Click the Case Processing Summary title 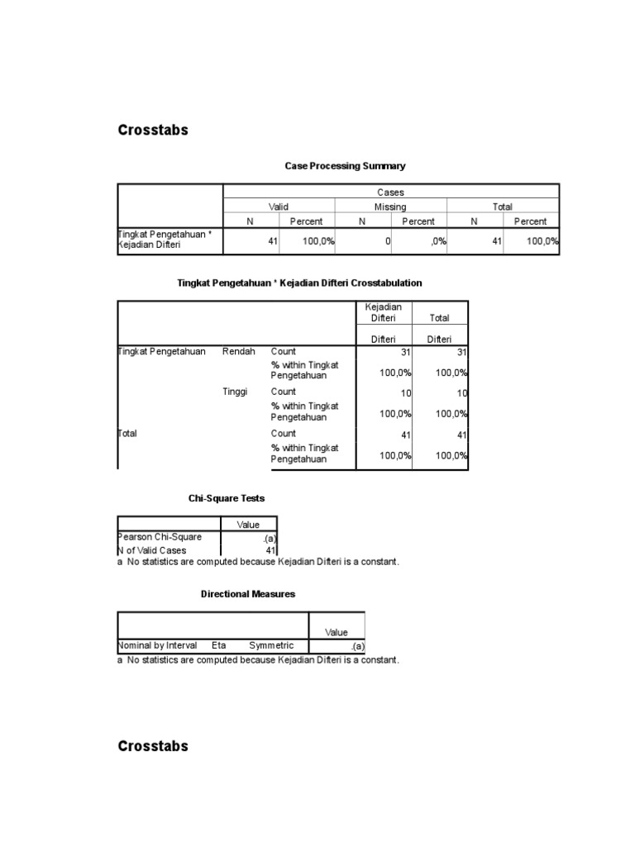tap(345, 166)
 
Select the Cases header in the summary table tap(390, 192)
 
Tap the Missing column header tap(390, 207)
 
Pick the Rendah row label tap(239, 351)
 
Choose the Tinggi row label tap(236, 392)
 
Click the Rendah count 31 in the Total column tap(461, 352)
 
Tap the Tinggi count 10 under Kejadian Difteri tap(405, 392)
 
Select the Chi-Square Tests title tap(227, 498)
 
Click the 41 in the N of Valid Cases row tap(270, 550)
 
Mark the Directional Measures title tap(248, 593)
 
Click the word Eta tap(218, 645)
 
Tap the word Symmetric tap(271, 645)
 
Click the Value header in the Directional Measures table tap(337, 632)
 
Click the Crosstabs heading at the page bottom tap(153, 746)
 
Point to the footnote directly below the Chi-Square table tap(258, 562)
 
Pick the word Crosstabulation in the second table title tap(387, 283)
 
